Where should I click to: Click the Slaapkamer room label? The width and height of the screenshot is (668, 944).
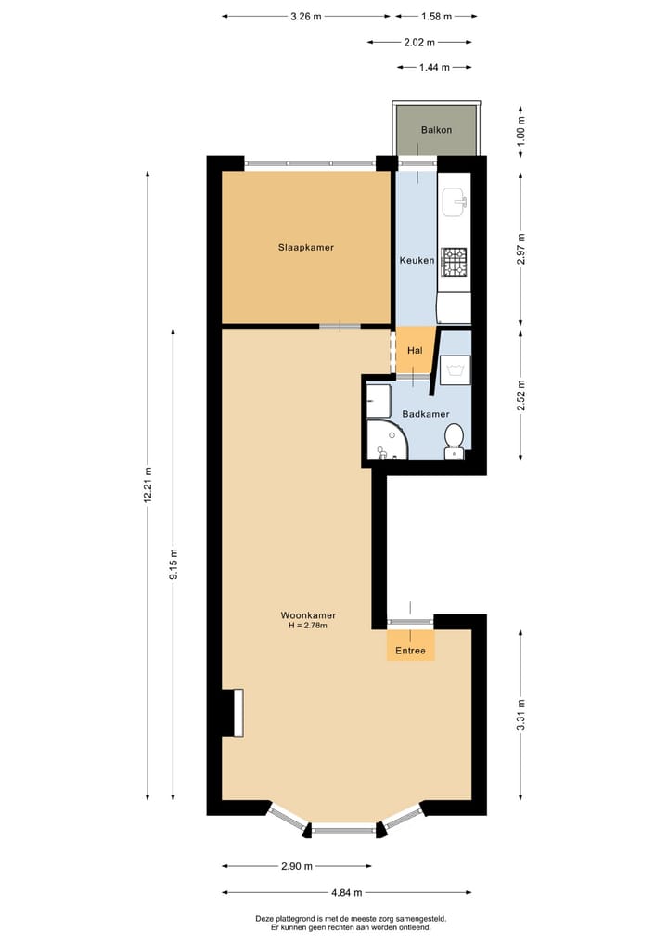[306, 248]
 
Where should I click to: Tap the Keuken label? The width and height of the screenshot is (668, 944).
[417, 261]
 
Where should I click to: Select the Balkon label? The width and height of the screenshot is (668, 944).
[436, 130]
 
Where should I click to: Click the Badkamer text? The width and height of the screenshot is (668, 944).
[426, 415]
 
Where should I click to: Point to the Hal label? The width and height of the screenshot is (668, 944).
[415, 351]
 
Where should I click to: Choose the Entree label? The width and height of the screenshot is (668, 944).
[410, 651]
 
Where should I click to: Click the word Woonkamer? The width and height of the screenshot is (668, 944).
[308, 615]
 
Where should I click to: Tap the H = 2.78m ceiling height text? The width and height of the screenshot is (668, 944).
[308, 627]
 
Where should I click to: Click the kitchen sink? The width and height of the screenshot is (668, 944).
[455, 200]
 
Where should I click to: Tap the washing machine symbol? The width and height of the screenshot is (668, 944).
[455, 371]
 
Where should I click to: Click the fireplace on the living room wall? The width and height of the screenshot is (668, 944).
[233, 712]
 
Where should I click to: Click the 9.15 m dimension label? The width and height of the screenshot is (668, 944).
[173, 564]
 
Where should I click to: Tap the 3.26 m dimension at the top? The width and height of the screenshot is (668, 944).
[305, 16]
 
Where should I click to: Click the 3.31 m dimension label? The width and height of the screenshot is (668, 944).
[520, 715]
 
